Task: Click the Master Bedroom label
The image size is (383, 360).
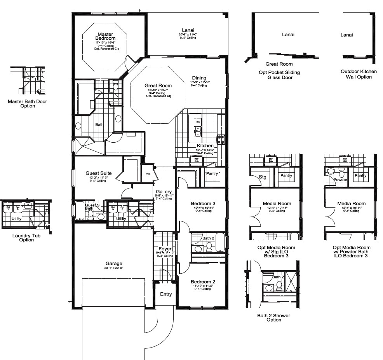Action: pyautogui.click(x=105, y=37)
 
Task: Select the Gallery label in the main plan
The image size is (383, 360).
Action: pyautogui.click(x=164, y=192)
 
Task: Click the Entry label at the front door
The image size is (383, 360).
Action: pyautogui.click(x=166, y=294)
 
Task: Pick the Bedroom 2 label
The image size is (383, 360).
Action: pyautogui.click(x=203, y=281)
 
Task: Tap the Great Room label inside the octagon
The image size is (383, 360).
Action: pyautogui.click(x=158, y=86)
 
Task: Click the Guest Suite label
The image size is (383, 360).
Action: pyautogui.click(x=99, y=173)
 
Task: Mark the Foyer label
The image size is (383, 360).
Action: pyautogui.click(x=165, y=249)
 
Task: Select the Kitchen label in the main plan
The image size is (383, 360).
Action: pyautogui.click(x=205, y=146)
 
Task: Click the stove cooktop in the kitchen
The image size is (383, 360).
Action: pyautogui.click(x=221, y=139)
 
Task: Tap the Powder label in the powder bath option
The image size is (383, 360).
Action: pyautogui.click(x=340, y=180)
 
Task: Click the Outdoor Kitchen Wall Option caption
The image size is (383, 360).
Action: pyautogui.click(x=356, y=74)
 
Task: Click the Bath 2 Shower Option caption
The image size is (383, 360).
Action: pyautogui.click(x=273, y=318)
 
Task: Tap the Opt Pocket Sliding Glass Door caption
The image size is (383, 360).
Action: pyautogui.click(x=279, y=75)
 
